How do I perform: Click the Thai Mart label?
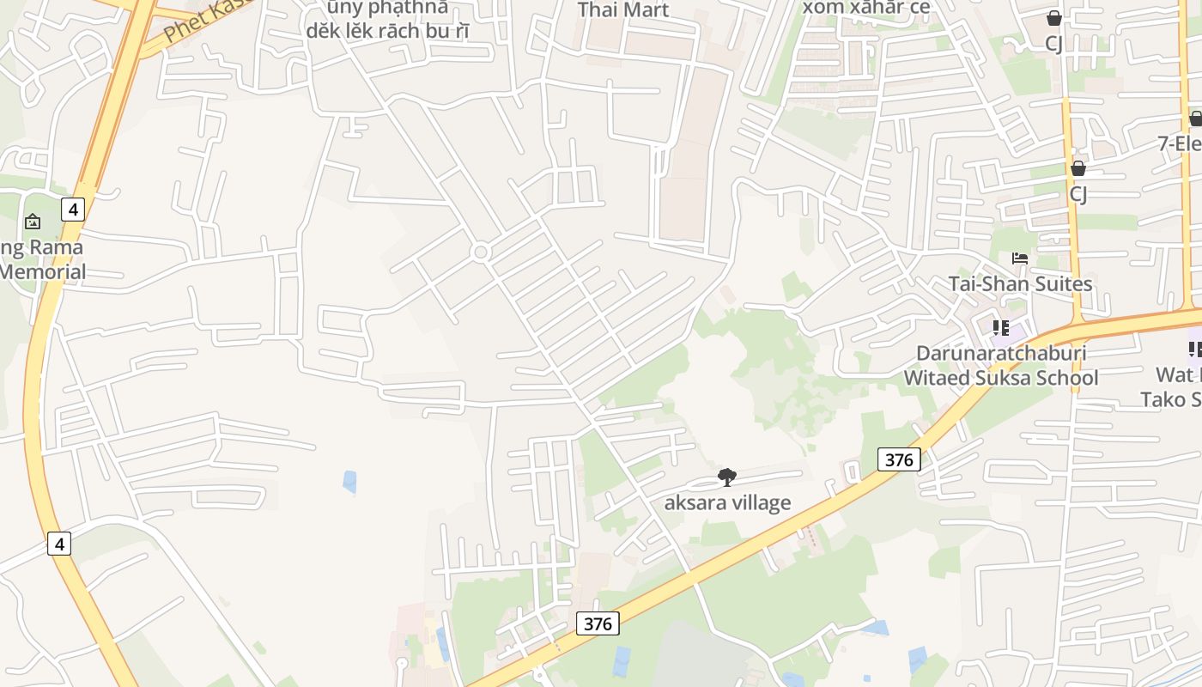coord(622,10)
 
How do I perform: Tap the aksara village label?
coord(727,503)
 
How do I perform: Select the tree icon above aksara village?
coord(727,477)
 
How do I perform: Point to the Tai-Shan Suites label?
coord(1020,284)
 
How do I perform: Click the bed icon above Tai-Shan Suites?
coord(1020,258)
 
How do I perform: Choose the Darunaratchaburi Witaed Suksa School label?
coord(1001,366)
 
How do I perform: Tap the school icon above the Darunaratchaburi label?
coord(1000,328)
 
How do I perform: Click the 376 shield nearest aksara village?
coord(899,459)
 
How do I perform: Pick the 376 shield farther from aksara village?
coord(597,623)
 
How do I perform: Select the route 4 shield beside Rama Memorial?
coord(73,209)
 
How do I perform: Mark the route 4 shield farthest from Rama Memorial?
coord(58,543)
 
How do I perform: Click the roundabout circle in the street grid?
coord(481,252)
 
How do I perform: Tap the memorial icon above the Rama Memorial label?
coord(33,222)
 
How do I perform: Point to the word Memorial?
coord(43,273)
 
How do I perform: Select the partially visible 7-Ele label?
coord(1180,143)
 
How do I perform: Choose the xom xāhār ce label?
coord(866,8)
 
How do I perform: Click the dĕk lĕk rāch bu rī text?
coord(388,31)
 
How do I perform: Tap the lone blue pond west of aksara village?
coord(349,482)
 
